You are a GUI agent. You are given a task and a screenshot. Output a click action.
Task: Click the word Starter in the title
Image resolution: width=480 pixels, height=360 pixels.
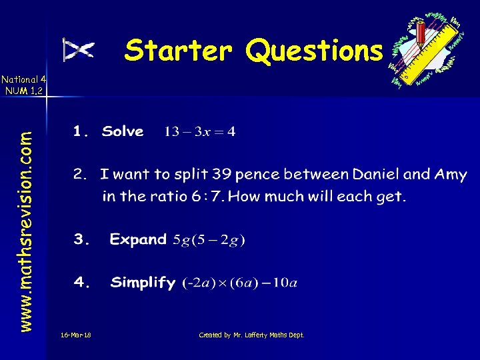[179, 50]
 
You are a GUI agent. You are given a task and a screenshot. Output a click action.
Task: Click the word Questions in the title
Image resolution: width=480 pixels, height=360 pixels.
[315, 50]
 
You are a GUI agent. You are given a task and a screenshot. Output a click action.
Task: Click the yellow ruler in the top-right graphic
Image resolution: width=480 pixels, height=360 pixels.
[433, 53]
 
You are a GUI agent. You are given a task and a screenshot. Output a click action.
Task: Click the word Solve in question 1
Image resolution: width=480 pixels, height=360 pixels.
[123, 131]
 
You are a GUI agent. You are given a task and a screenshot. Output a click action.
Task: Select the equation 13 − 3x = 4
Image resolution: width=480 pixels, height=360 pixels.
[199, 132]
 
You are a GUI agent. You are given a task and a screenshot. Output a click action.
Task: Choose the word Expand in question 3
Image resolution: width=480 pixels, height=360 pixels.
[138, 239]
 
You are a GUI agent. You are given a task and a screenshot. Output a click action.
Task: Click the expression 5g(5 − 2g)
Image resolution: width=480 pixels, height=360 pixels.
[209, 240]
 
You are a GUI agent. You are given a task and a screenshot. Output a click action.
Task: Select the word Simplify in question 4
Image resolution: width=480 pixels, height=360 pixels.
[143, 283]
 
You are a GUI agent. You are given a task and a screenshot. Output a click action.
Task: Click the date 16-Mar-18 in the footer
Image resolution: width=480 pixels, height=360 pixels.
[75, 335]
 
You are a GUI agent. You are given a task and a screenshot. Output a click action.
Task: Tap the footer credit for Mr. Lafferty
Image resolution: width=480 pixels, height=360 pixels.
[252, 335]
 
